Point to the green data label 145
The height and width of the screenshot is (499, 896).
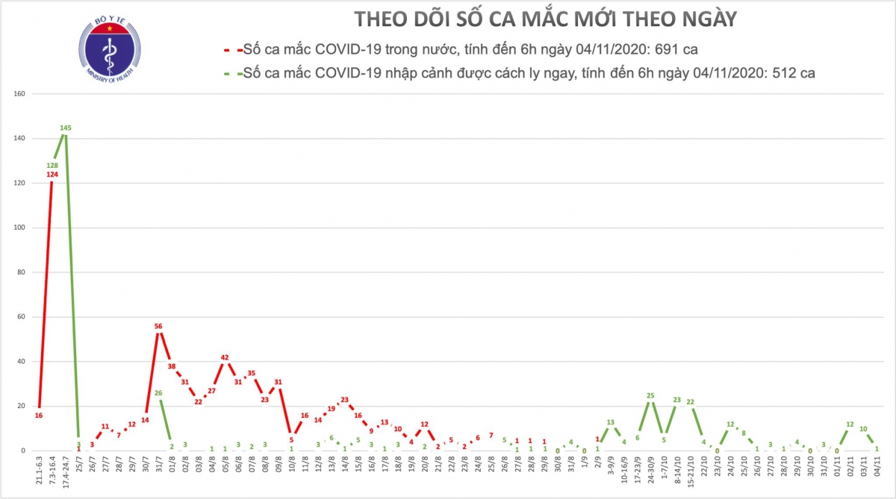click(65, 128)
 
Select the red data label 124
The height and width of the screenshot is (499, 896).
click(52, 175)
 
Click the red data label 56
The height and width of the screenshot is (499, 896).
click(158, 326)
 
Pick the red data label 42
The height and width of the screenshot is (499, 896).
click(225, 357)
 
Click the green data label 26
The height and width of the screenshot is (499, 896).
click(158, 393)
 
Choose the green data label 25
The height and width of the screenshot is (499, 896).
click(650, 395)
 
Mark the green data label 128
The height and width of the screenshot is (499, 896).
click(52, 166)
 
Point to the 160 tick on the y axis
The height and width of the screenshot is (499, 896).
click(20, 94)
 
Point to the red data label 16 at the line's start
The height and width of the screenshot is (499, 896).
click(38, 415)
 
